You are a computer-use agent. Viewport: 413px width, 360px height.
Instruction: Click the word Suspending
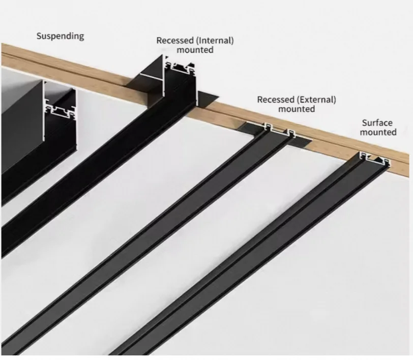60,37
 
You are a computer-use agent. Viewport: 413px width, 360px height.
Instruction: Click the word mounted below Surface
378,132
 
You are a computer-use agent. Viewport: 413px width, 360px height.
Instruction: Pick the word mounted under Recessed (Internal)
195,50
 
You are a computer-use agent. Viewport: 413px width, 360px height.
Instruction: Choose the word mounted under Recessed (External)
297,109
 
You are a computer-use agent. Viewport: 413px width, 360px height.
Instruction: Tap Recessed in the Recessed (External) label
276,100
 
